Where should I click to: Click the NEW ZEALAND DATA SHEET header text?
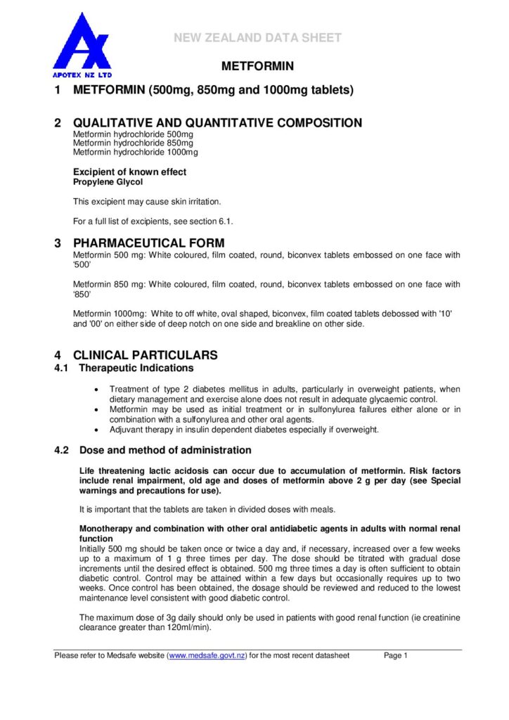point(258,38)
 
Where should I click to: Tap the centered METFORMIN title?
point(257,67)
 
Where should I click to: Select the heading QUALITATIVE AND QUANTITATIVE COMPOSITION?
point(217,123)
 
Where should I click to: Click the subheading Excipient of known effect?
point(130,172)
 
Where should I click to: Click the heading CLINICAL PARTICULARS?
point(146,355)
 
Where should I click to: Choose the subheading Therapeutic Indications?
point(136,368)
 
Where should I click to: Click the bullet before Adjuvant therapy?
point(96,430)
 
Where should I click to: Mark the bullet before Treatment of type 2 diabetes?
point(96,389)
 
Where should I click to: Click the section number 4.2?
point(63,450)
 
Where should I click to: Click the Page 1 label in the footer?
point(396,656)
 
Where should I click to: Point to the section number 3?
point(58,244)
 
